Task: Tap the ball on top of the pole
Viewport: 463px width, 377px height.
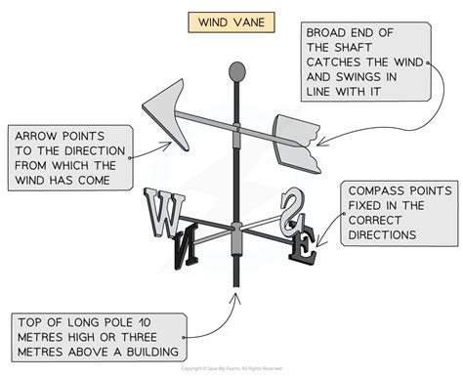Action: point(234,71)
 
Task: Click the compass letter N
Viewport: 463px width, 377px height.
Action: point(182,241)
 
